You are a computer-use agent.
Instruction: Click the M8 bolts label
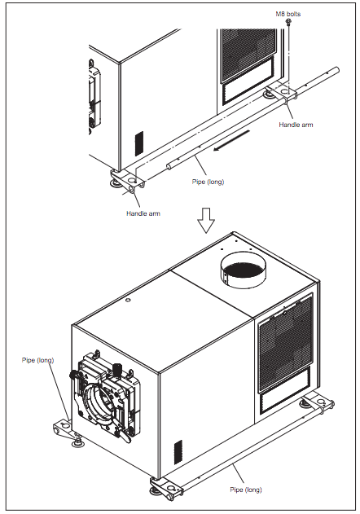[288, 14]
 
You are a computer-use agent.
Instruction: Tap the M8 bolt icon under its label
[288, 22]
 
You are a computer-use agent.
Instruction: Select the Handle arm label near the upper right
[296, 125]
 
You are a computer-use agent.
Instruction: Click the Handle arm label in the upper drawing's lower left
[143, 213]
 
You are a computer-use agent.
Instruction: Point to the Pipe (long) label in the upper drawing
[208, 182]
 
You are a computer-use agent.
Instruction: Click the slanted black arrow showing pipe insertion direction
[231, 141]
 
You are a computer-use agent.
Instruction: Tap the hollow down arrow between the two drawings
[206, 220]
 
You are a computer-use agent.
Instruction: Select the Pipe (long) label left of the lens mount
[37, 360]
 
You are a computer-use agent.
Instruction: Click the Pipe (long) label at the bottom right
[246, 490]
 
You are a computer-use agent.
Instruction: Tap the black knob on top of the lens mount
[117, 369]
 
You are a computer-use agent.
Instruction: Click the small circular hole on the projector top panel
[128, 300]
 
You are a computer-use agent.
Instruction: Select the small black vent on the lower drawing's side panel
[178, 452]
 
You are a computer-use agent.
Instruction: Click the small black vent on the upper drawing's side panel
[139, 143]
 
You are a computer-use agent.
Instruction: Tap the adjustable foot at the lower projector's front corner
[156, 490]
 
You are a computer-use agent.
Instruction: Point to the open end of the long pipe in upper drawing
[169, 167]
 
